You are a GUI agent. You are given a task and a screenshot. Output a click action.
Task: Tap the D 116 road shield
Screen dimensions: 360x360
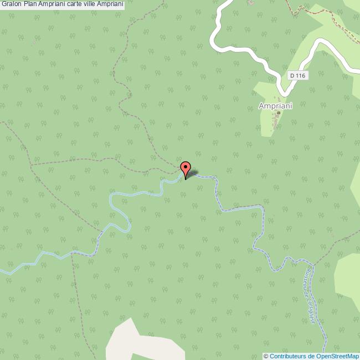pyautogui.click(x=297, y=75)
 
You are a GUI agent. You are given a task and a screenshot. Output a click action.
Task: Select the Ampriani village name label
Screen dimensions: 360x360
pyautogui.click(x=275, y=105)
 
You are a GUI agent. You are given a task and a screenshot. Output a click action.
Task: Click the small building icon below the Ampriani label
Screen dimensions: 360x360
pyautogui.click(x=278, y=114)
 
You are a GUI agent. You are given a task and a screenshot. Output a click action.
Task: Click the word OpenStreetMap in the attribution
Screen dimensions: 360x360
pyautogui.click(x=338, y=356)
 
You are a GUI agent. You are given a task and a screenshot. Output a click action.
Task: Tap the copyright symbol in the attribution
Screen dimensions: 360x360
pyautogui.click(x=266, y=356)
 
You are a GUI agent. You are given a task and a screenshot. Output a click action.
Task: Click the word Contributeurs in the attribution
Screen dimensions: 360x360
pyautogui.click(x=289, y=356)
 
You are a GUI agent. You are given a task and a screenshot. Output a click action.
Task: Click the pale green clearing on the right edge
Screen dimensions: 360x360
pyautogui.click(x=349, y=277)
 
